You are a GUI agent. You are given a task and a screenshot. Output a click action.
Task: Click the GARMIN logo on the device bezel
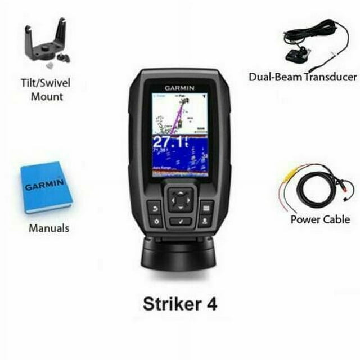[179, 88]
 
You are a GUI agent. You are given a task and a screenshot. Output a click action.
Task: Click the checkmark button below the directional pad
[180, 221]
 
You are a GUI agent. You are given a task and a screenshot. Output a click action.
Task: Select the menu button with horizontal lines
[206, 208]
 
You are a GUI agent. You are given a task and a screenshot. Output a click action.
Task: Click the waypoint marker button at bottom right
[206, 222]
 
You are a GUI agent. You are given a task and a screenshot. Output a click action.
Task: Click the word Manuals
[49, 228]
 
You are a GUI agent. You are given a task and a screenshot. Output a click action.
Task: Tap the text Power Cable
[320, 219]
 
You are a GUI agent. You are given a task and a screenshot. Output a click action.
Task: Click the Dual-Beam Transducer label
[303, 77]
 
